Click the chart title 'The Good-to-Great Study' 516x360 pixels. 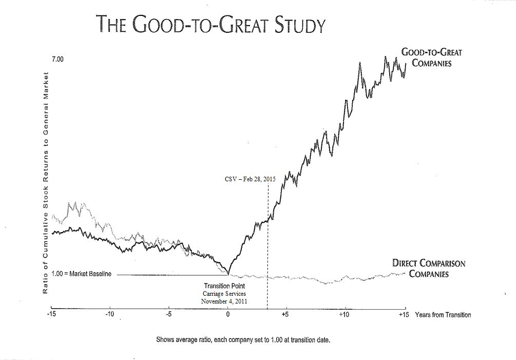[x=211, y=24]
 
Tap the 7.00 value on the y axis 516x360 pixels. [x=58, y=60]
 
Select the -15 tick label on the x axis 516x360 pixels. [x=52, y=314]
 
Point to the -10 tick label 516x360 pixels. [x=110, y=314]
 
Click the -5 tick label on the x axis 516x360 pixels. [x=169, y=314]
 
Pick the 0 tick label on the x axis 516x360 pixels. [x=228, y=314]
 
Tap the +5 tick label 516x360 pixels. [x=286, y=314]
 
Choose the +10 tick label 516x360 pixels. [x=345, y=314]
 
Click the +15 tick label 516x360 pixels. [x=403, y=314]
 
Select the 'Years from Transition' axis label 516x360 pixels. [x=443, y=314]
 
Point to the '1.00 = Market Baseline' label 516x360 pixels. [x=81, y=274]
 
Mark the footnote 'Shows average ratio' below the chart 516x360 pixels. [x=247, y=339]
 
